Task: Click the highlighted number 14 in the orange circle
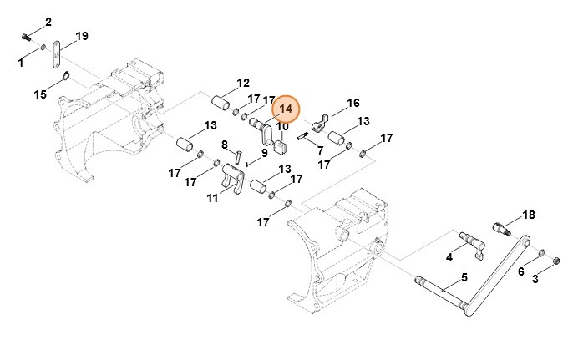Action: [x=286, y=109]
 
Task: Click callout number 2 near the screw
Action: [x=48, y=22]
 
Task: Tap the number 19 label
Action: [x=82, y=36]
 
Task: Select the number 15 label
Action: [x=40, y=94]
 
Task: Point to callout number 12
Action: [x=243, y=84]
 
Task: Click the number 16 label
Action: [x=353, y=103]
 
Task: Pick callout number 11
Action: [x=213, y=198]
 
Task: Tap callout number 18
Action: [x=529, y=215]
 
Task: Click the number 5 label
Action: [x=464, y=278]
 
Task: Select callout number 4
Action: [x=449, y=257]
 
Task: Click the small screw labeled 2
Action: [x=25, y=37]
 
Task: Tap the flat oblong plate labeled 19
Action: [x=56, y=54]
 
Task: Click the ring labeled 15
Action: [x=66, y=76]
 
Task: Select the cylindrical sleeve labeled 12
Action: [x=221, y=103]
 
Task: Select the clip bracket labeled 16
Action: [x=319, y=124]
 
